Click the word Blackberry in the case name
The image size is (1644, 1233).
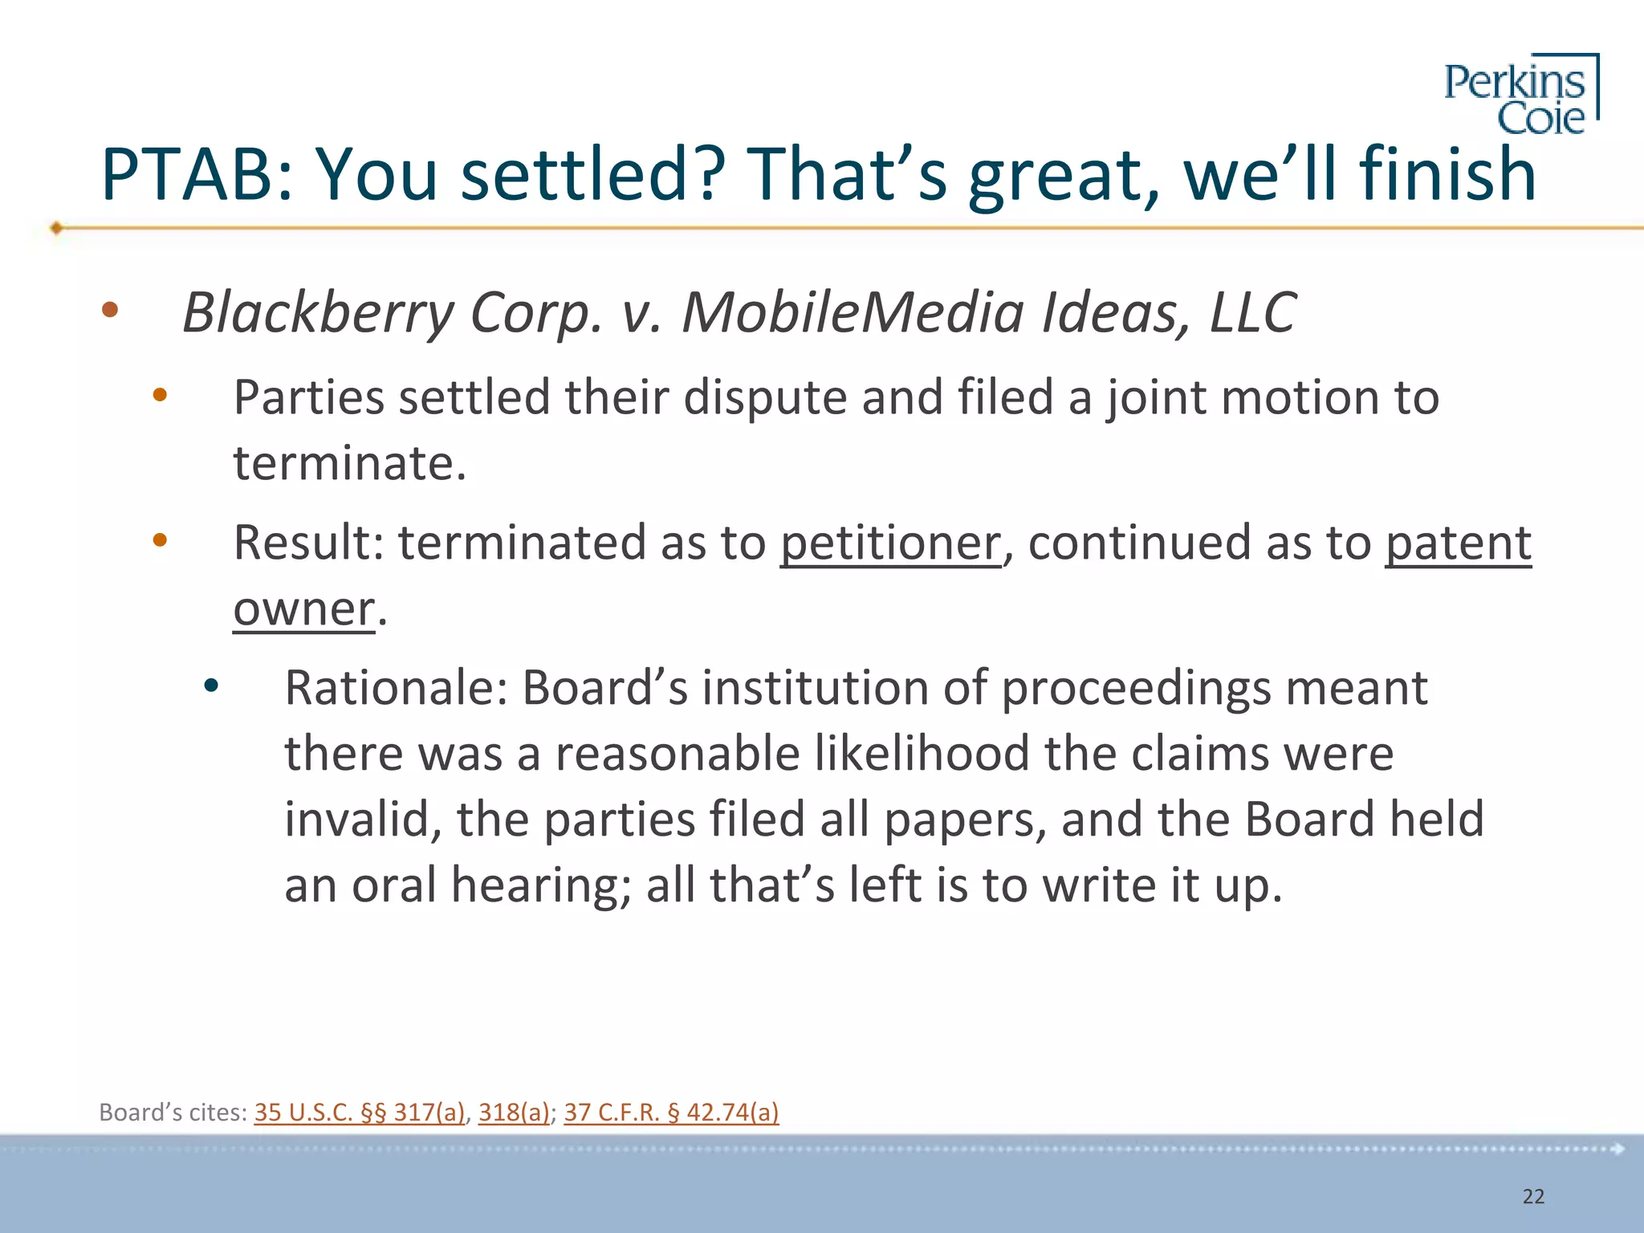pyautogui.click(x=318, y=312)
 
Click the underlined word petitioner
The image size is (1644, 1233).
pyautogui.click(x=890, y=543)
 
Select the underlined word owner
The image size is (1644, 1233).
pyautogui.click(x=303, y=608)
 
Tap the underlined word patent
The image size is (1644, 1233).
pyautogui.click(x=1458, y=543)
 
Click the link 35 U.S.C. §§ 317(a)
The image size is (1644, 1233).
pyautogui.click(x=360, y=1112)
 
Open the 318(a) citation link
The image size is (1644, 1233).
pyautogui.click(x=514, y=1112)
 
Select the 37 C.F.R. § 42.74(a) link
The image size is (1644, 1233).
pyautogui.click(x=671, y=1112)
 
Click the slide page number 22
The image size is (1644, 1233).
pyautogui.click(x=1533, y=1196)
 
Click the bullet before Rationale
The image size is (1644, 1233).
pyautogui.click(x=211, y=686)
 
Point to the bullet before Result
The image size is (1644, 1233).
pyautogui.click(x=160, y=540)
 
